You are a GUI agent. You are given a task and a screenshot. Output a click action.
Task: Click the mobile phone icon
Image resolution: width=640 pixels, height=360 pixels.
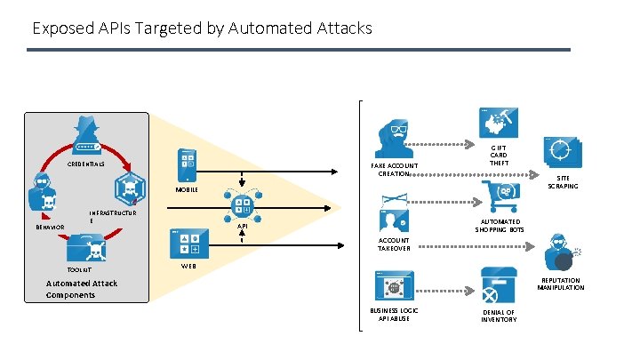coord(187,165)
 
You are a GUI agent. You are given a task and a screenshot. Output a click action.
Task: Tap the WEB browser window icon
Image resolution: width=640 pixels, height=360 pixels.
coord(189,244)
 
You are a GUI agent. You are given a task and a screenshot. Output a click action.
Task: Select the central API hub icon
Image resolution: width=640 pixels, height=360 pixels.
coord(243,205)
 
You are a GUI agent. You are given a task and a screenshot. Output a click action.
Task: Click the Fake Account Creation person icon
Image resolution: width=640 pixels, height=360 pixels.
coord(394,139)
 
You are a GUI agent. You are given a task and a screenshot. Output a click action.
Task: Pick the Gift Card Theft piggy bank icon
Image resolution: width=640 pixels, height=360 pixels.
coord(499,123)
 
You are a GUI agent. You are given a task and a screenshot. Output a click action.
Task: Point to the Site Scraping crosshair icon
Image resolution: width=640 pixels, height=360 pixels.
coord(563,152)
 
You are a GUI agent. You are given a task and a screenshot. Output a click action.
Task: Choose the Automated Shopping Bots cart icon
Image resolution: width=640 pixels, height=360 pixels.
coord(500,196)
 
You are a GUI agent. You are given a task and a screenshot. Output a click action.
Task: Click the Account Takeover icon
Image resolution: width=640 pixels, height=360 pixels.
coord(394,213)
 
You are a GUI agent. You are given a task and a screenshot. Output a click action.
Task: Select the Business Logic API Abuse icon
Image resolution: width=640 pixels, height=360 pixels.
coord(395,285)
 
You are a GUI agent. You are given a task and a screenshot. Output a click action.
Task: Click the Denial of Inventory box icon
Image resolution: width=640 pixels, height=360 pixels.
coord(499,285)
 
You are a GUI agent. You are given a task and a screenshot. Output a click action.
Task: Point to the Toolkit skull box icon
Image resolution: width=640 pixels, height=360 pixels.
coord(86,248)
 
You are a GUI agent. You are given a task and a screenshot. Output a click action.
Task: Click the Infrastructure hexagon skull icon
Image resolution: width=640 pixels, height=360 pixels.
coord(130,188)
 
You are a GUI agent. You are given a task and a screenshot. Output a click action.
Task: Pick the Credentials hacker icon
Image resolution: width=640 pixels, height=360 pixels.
coord(86,135)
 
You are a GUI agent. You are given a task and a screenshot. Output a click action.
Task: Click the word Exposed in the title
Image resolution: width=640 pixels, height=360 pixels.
coord(63,28)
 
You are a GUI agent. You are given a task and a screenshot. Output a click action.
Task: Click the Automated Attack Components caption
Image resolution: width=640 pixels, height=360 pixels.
coord(82,289)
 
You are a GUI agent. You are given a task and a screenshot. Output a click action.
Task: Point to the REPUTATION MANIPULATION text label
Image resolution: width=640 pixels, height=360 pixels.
coord(560,284)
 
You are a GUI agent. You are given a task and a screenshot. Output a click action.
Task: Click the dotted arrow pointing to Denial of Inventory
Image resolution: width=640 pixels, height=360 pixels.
coord(445,291)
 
